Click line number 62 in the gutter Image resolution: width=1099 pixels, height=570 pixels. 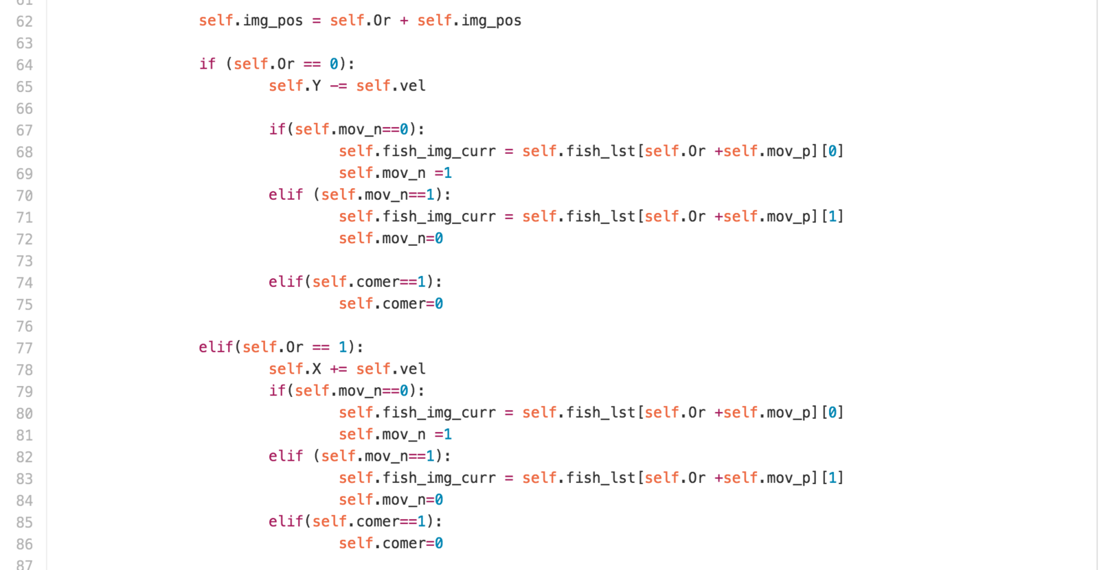25,21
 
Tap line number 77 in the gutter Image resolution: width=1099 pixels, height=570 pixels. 25,348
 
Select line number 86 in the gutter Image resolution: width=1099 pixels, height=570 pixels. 25,545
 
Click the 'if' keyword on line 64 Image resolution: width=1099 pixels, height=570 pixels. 207,64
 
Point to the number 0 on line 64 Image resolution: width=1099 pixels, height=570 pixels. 334,64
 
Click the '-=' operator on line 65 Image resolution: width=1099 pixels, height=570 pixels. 338,86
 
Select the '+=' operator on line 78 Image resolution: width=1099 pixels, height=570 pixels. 338,369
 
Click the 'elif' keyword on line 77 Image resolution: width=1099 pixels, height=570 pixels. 216,347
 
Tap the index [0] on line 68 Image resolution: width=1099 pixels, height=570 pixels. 832,151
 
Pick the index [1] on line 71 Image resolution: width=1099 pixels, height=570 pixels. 832,216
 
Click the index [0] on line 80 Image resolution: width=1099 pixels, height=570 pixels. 832,412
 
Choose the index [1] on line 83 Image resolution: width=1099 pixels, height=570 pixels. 832,477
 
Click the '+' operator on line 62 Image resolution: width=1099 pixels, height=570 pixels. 404,21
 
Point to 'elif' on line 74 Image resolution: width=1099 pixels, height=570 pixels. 286,282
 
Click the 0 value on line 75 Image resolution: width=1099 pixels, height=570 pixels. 439,304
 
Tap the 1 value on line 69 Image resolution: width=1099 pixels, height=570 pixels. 448,173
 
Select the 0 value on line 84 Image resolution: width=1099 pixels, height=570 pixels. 439,499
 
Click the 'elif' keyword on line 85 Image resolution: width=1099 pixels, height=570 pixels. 286,521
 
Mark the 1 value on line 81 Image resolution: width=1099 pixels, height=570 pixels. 448,434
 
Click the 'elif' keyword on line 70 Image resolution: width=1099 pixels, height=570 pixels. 286,194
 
